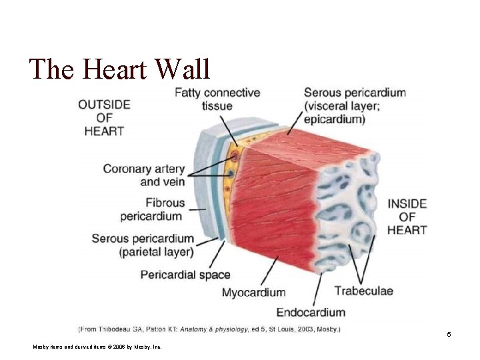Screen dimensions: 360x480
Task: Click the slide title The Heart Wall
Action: [119, 69]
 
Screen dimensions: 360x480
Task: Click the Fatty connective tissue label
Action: [217, 99]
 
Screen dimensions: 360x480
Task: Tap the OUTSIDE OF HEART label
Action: [104, 117]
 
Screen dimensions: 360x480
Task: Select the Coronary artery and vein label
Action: [145, 175]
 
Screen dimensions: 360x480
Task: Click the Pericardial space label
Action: [185, 275]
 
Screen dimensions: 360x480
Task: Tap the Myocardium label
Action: [253, 292]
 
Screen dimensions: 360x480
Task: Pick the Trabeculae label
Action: [363, 291]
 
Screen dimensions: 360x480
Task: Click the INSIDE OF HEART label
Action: [407, 216]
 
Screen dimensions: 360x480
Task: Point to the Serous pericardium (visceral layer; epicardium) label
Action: [354, 106]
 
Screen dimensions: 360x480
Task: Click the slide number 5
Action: [449, 334]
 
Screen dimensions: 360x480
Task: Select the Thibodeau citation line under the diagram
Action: [209, 329]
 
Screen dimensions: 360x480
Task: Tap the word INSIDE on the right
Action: [407, 202]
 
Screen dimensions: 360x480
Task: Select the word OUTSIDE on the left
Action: [104, 104]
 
